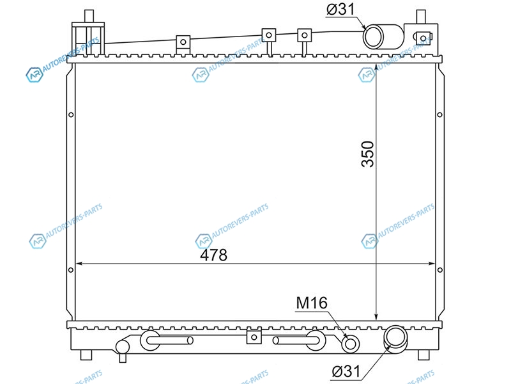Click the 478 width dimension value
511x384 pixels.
213,255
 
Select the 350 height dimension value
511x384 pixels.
368,154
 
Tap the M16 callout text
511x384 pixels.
312,303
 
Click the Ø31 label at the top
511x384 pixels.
340,9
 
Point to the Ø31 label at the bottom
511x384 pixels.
346,371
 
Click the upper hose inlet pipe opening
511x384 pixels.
374,37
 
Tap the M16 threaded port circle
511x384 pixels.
350,344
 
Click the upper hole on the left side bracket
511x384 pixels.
71,115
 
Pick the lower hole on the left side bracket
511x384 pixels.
71,270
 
